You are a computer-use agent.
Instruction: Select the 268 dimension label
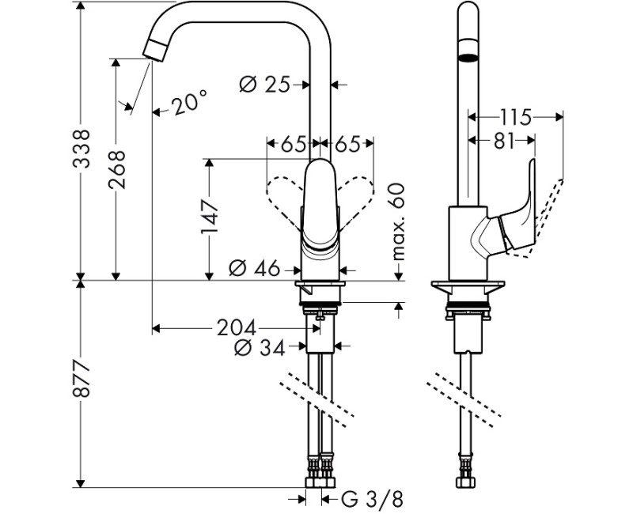coord(117,170)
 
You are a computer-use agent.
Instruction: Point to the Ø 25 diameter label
coord(264,83)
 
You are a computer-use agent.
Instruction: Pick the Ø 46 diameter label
coord(255,269)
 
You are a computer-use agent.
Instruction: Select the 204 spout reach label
coord(237,327)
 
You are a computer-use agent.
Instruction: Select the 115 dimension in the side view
coord(515,117)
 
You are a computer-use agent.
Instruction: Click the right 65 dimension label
coord(347,144)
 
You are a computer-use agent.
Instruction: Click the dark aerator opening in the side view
coord(469,56)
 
